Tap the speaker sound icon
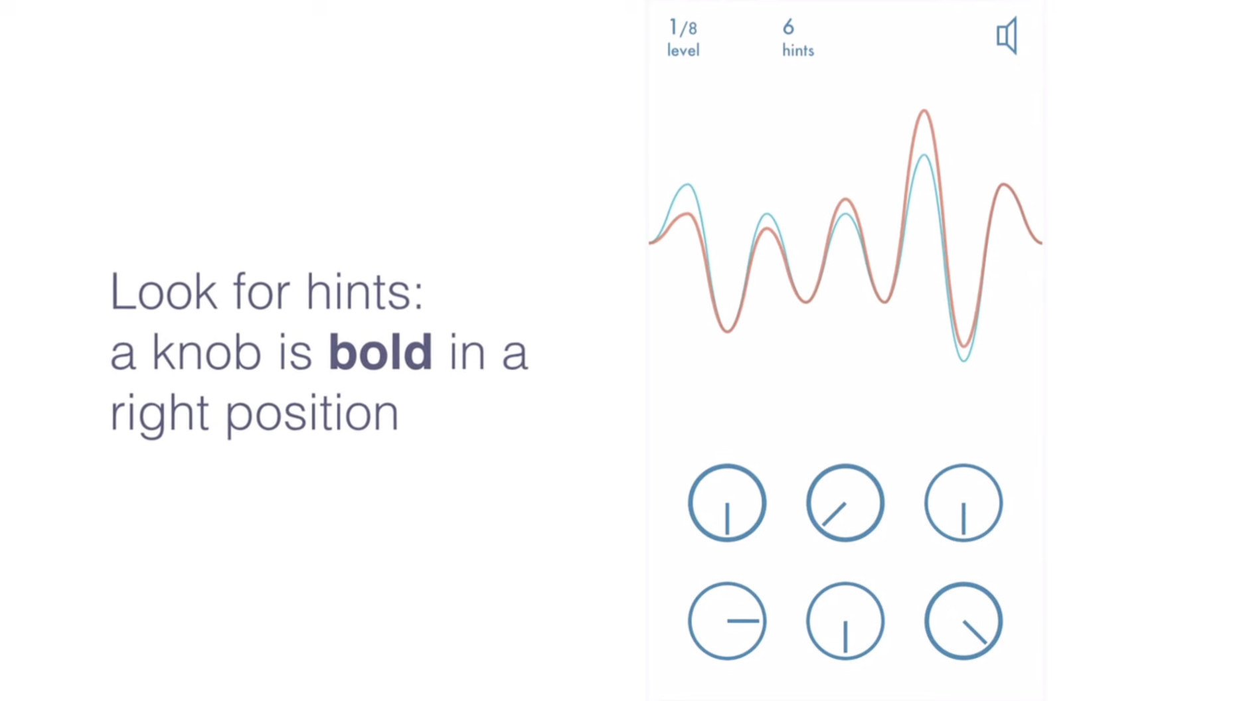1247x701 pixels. point(1007,36)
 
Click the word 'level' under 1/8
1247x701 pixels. point(683,50)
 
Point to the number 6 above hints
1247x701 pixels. point(788,27)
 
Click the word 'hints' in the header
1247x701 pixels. point(797,50)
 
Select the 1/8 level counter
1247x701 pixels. point(683,28)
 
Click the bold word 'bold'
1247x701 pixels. point(380,351)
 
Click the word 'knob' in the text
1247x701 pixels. point(206,351)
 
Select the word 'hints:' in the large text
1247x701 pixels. point(364,291)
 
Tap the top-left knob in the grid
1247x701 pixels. point(727,503)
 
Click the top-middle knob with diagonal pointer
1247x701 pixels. point(845,503)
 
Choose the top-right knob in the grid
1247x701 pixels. point(963,503)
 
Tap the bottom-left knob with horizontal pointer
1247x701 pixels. point(727,621)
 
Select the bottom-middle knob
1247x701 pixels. point(845,621)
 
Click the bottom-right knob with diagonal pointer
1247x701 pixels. point(963,621)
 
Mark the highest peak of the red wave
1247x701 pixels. point(924,111)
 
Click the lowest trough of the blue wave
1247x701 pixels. point(964,360)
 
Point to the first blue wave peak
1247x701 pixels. point(688,185)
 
